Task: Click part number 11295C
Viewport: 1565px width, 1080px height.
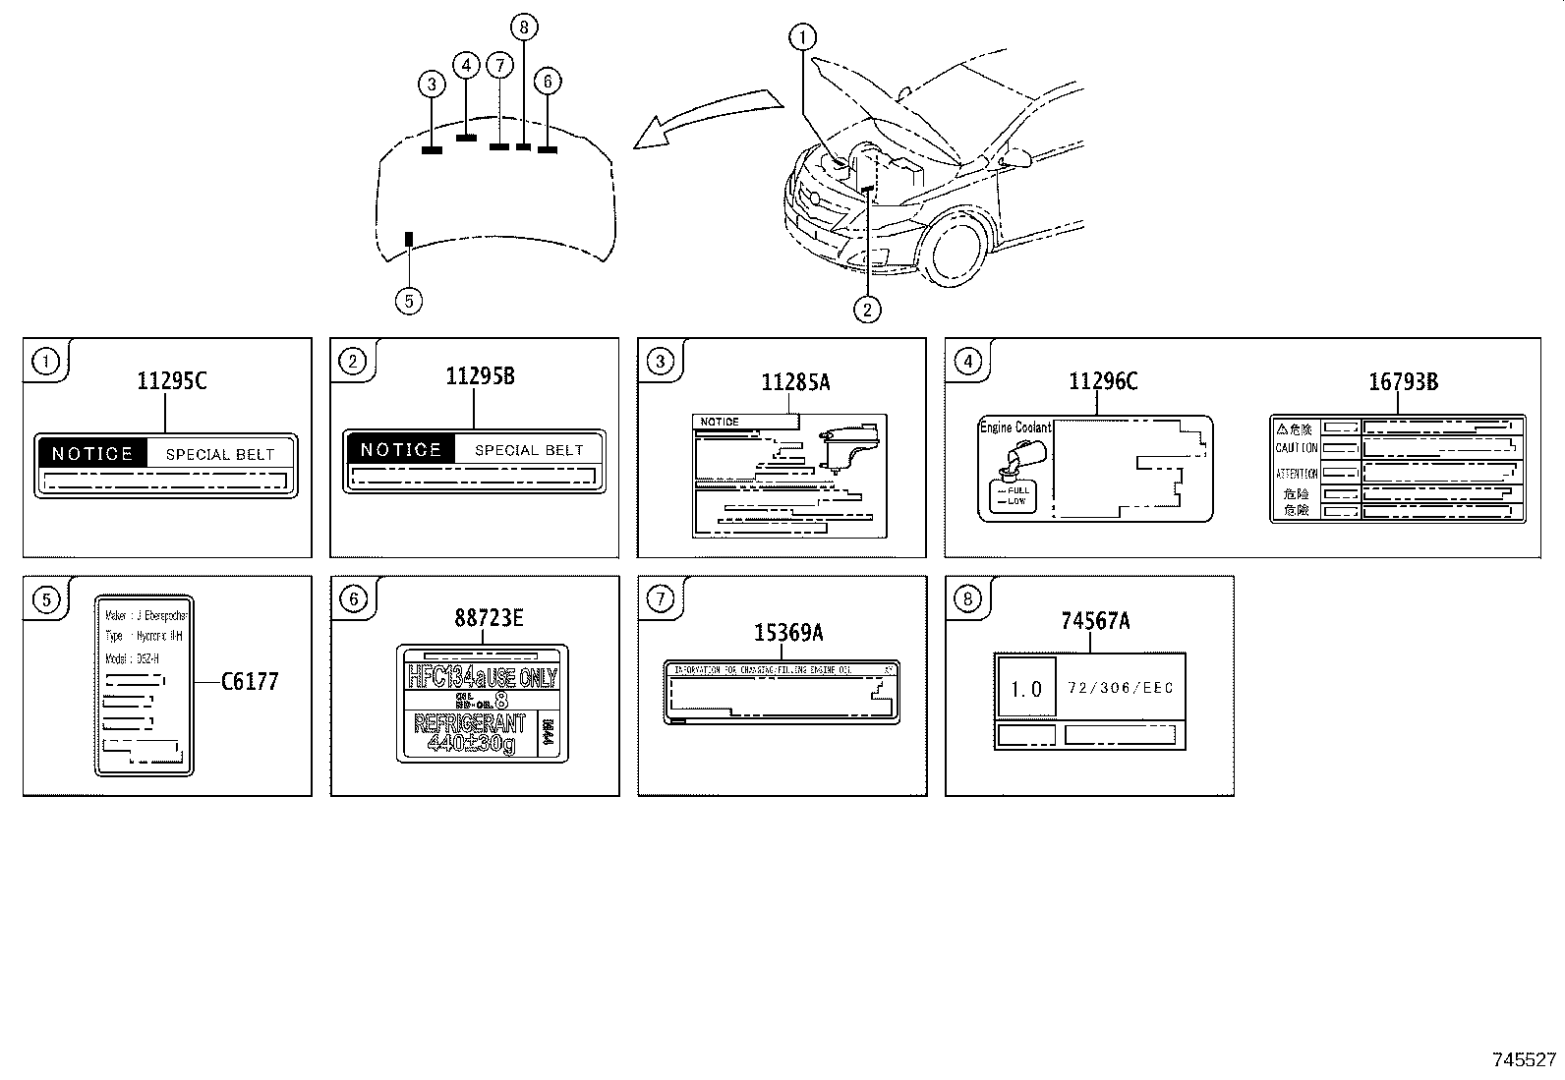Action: tap(172, 381)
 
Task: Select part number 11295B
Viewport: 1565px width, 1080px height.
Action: tap(480, 376)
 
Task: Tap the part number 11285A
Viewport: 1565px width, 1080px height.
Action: tap(795, 383)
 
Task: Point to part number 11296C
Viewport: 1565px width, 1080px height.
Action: tap(1103, 382)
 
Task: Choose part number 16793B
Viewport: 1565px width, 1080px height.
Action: tap(1403, 382)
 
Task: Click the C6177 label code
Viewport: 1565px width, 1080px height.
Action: tap(249, 681)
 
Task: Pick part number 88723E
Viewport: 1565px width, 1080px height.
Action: tap(489, 618)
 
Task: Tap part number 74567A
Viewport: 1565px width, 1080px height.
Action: tap(1095, 621)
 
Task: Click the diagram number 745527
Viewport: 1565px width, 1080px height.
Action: tap(1524, 1059)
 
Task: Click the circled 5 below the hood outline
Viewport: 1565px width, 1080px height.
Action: tap(408, 300)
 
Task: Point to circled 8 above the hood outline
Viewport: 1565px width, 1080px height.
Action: tap(524, 27)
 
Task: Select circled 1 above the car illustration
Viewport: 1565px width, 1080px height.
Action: tap(803, 38)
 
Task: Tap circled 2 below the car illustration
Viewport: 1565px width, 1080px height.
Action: tap(866, 310)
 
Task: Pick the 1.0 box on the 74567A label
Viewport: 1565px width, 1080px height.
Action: tap(1025, 688)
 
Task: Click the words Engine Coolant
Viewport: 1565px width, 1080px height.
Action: tap(1014, 427)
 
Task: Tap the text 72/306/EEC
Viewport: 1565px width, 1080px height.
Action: tap(1120, 688)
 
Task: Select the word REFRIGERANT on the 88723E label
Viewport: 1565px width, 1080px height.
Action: tap(470, 724)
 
